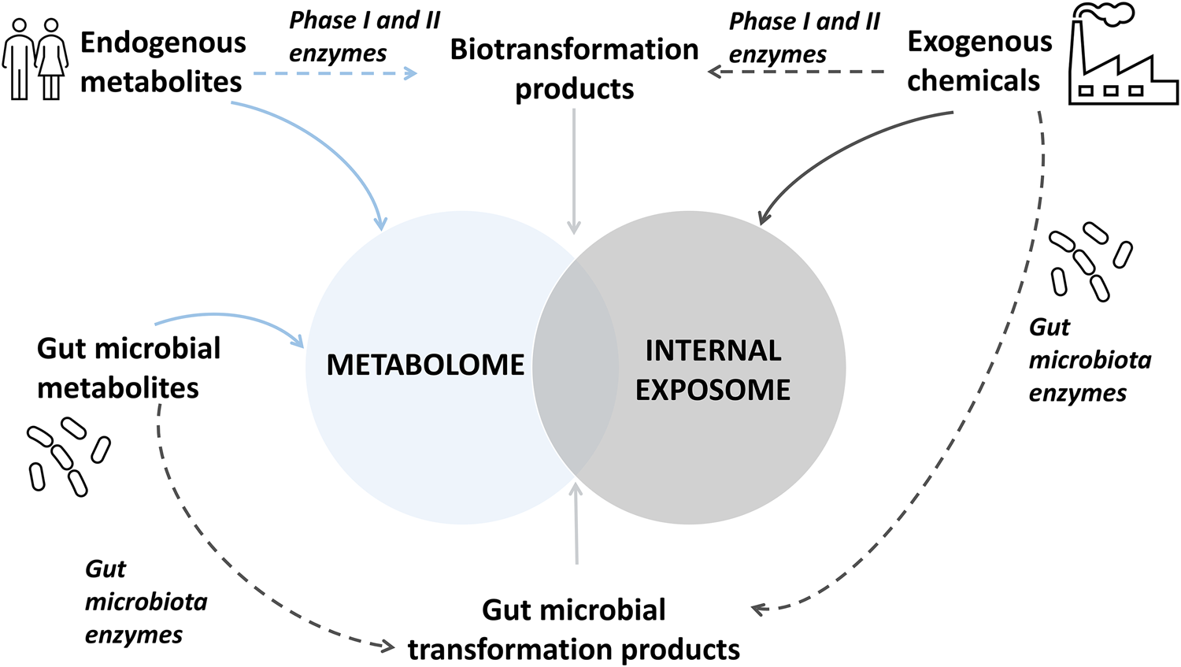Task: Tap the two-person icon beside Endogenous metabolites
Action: (x=35, y=59)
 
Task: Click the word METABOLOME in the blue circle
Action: (x=425, y=365)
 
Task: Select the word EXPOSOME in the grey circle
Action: (x=713, y=390)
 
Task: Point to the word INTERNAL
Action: (x=713, y=350)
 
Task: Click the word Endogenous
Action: (x=163, y=43)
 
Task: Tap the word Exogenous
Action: (x=979, y=41)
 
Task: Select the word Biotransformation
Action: (x=574, y=50)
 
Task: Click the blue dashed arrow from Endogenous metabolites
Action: (x=335, y=73)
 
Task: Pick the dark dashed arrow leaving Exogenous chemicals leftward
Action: (x=795, y=72)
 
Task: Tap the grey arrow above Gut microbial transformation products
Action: (x=576, y=524)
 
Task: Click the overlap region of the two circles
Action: (x=575, y=366)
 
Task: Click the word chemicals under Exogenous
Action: (x=973, y=80)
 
